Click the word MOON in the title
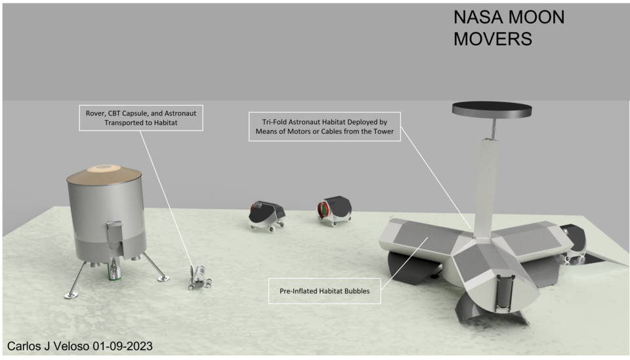coord(537,17)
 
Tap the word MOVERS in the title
coord(493,39)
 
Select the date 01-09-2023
coord(123,346)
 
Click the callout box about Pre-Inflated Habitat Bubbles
coord(325,291)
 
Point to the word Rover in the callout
coord(95,113)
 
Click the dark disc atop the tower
coord(492,109)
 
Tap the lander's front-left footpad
coord(71,296)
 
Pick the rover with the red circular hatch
coord(334,210)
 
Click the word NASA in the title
coord(478,17)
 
